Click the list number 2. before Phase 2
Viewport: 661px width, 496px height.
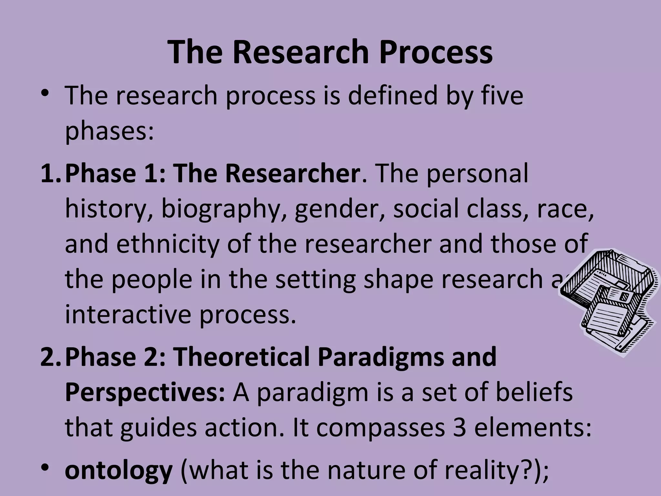pos(51,357)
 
